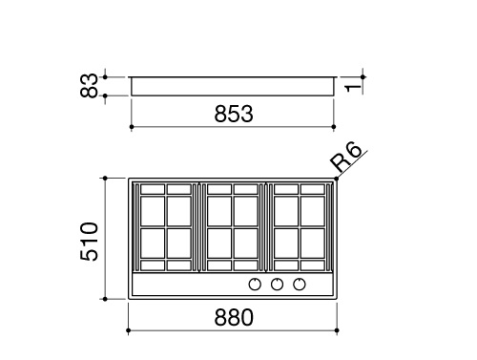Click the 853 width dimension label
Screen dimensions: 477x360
(x=234, y=114)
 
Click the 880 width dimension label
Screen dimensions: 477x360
(x=234, y=317)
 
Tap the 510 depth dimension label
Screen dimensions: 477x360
(x=90, y=242)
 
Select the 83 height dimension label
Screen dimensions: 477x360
(x=89, y=85)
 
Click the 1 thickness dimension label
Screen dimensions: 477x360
(x=353, y=88)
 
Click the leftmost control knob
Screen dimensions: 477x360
(x=255, y=285)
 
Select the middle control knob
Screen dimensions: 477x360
(x=277, y=285)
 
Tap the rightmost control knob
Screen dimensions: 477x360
(x=300, y=285)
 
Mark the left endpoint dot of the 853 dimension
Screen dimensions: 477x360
(x=132, y=127)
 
